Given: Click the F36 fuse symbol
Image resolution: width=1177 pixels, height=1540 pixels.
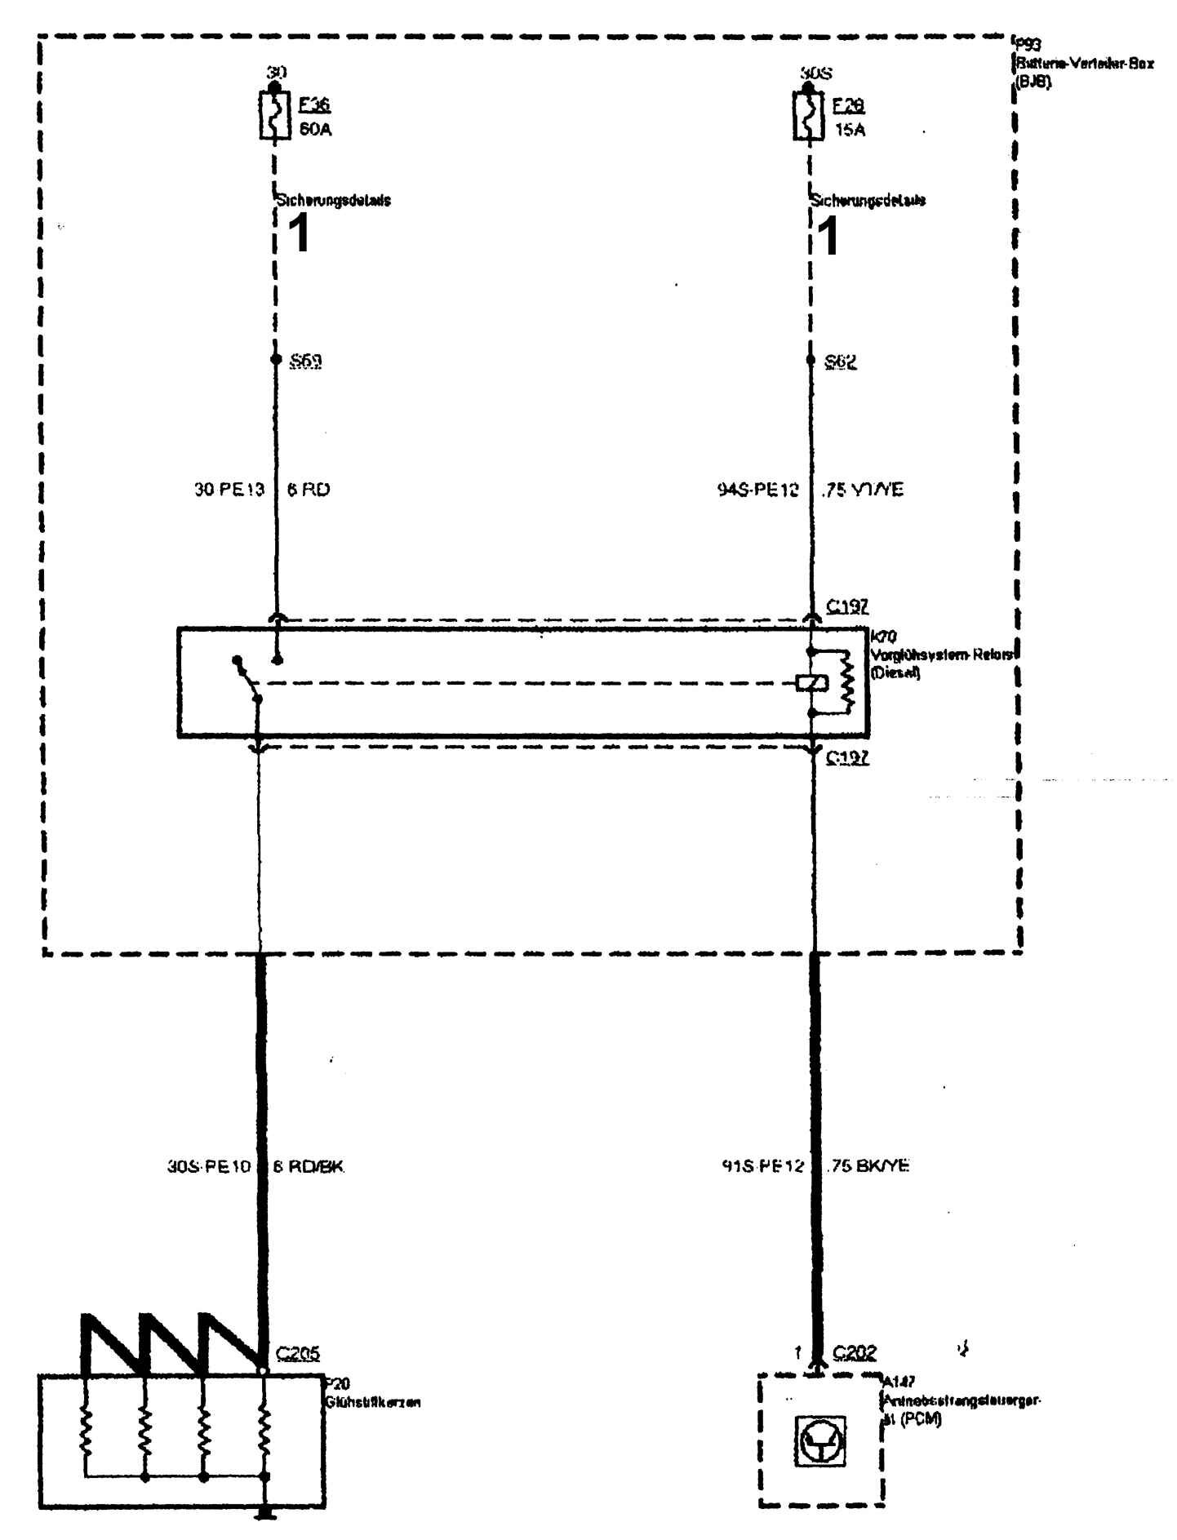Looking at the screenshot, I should point(274,117).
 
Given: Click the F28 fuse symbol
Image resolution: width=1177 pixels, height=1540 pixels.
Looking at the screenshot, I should point(808,117).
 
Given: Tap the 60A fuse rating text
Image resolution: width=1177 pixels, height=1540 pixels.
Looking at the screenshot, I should point(315,129).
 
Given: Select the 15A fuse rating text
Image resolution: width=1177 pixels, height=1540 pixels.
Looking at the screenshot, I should point(850,129).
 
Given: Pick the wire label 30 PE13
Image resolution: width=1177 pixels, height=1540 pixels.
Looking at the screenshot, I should point(229,490).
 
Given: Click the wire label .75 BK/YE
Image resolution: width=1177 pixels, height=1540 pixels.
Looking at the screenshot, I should point(867,1166).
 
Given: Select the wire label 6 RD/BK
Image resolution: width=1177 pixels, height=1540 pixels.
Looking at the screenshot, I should point(309,1167).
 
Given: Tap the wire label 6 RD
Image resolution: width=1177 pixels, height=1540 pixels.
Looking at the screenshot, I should point(308,490).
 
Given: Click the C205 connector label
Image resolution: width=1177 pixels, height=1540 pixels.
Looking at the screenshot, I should point(297,1353).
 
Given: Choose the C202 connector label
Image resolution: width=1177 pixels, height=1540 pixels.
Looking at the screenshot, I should point(855,1353).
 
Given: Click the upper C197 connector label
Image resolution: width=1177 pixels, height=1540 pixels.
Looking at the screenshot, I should point(847,607).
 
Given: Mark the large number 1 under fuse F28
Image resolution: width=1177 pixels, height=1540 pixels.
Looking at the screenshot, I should point(828,237).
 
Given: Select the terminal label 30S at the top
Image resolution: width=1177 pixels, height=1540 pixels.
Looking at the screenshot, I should point(815,73).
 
